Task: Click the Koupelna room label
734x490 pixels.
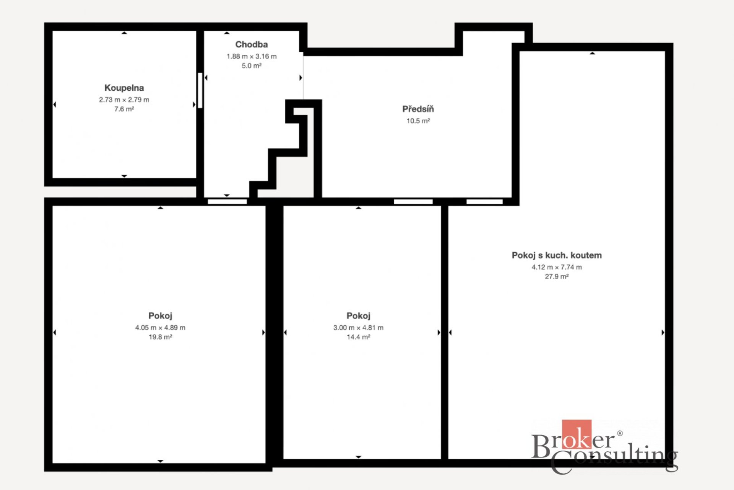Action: [x=124, y=88]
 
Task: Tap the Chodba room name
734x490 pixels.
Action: [x=252, y=44]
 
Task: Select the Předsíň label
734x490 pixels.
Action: [x=418, y=109]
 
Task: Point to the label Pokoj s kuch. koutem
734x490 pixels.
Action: [x=557, y=255]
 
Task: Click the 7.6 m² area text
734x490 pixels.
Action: [x=124, y=109]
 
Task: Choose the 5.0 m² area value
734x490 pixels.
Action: [x=252, y=66]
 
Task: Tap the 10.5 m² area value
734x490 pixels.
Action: [x=418, y=121]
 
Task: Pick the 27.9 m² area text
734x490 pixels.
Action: [x=557, y=276]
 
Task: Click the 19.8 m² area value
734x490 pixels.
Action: [x=161, y=337]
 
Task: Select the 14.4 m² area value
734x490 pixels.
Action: [x=359, y=337]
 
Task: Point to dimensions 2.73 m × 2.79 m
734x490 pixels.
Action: [x=124, y=100]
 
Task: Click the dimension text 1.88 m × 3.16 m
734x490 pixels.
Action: [x=252, y=56]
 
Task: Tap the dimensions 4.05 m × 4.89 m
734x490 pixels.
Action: [x=161, y=328]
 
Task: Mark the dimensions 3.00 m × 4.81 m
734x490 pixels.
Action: [x=359, y=328]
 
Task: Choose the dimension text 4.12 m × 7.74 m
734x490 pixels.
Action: [x=557, y=267]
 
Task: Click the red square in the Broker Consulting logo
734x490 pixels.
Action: [x=577, y=434]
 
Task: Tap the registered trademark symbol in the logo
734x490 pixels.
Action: [x=620, y=433]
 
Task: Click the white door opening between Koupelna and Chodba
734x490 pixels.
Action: [x=200, y=90]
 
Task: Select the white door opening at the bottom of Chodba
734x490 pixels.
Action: [x=227, y=201]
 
